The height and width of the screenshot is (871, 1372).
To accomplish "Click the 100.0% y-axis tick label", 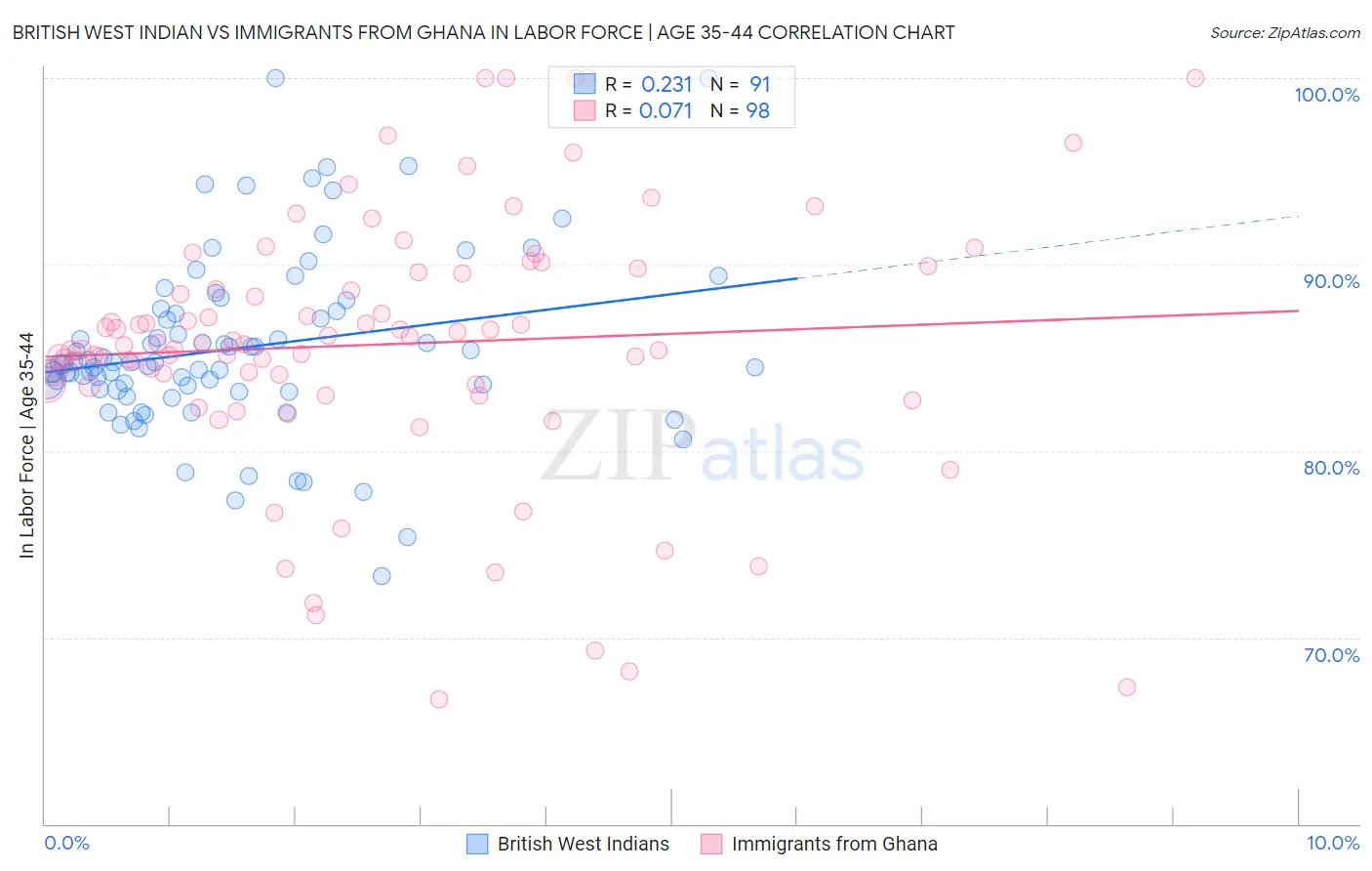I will (x=1326, y=95).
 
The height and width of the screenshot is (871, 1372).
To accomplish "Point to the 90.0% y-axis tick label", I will (x=1331, y=281).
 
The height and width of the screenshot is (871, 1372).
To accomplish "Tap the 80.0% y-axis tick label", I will (x=1331, y=468).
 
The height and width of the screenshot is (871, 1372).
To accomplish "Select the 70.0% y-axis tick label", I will (x=1331, y=655).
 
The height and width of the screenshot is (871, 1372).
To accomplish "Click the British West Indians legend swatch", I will (x=477, y=845).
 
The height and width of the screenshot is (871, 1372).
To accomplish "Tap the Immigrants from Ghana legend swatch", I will (x=711, y=845).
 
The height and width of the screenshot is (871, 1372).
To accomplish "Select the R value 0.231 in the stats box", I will (x=666, y=85).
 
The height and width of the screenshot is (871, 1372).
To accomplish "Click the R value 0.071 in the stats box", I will (x=666, y=111).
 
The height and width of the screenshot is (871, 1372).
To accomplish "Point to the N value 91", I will (x=759, y=85).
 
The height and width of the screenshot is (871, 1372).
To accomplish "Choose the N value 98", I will (x=757, y=111).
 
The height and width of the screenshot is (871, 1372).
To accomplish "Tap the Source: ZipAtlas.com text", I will (x=1284, y=33).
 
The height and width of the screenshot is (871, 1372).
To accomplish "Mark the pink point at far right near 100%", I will (x=1194, y=78).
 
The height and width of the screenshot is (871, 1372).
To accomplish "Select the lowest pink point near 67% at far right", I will (x=1126, y=687).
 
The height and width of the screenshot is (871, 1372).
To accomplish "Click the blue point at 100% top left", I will (x=275, y=78).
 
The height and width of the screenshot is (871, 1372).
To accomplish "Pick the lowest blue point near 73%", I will (x=382, y=576).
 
